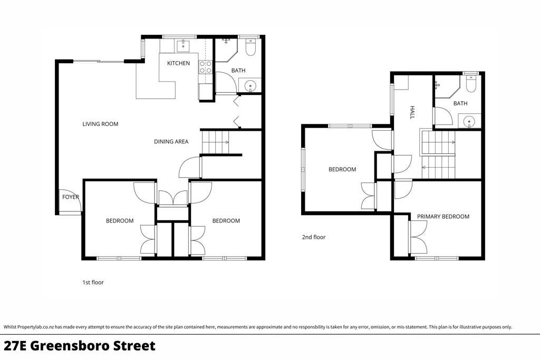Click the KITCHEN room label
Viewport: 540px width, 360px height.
click(x=178, y=63)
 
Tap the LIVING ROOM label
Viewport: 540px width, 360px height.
click(x=100, y=124)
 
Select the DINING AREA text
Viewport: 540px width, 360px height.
click(x=171, y=141)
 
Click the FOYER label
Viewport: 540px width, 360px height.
click(x=71, y=197)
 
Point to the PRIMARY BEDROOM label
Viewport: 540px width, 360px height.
click(x=443, y=217)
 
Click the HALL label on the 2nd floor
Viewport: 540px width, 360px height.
click(x=412, y=113)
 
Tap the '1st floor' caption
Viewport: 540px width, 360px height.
click(x=93, y=283)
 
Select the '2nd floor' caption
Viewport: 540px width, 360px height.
click(x=314, y=237)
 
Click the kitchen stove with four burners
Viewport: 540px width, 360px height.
click(x=206, y=67)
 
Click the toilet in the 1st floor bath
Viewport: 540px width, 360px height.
click(x=250, y=47)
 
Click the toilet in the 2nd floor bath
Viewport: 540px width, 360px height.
click(x=471, y=84)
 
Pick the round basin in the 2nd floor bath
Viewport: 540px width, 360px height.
click(x=469, y=121)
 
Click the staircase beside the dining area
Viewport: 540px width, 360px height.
click(x=215, y=142)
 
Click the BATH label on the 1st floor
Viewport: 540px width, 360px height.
click(x=238, y=71)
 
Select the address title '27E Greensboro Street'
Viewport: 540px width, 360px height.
click(x=80, y=346)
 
